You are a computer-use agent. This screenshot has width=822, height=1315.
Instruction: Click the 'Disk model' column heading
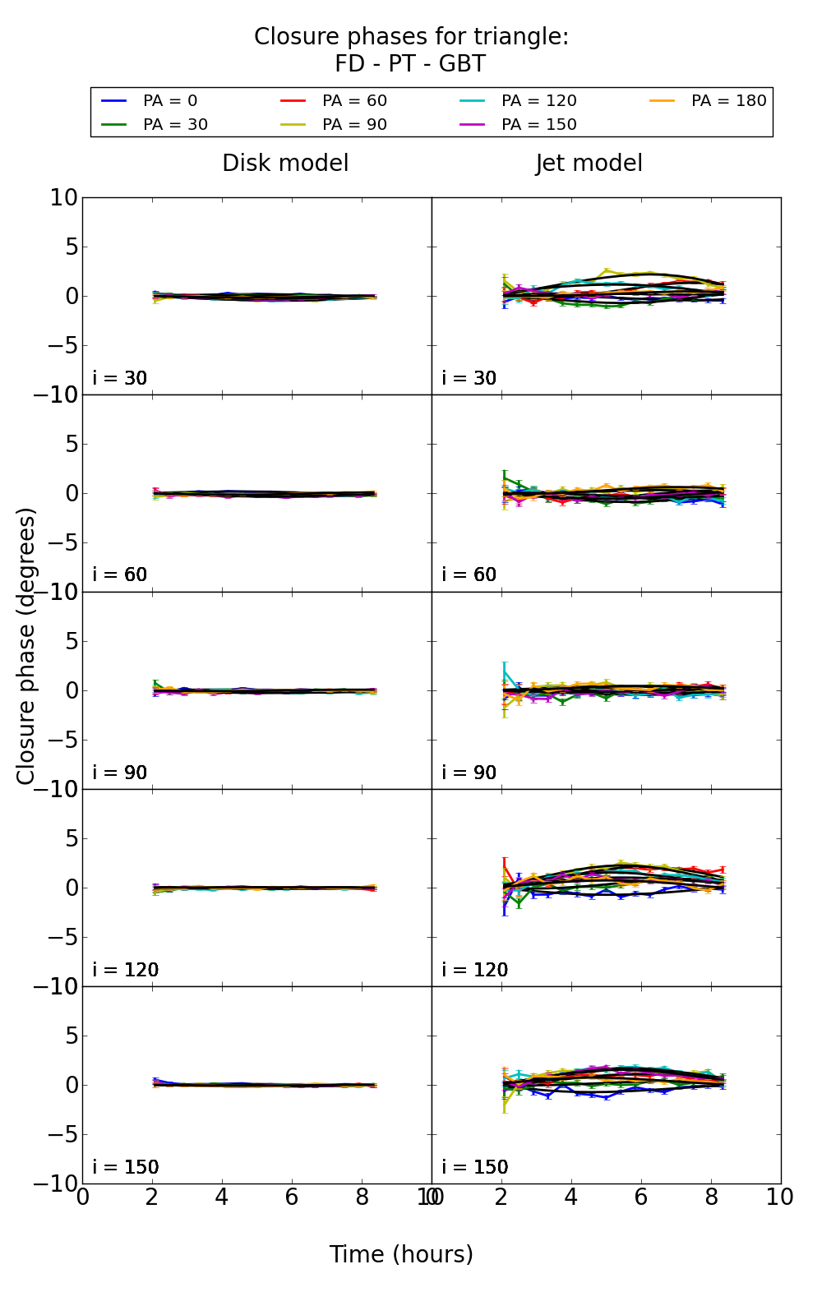(x=285, y=164)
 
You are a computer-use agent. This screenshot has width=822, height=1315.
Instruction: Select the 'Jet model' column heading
(x=589, y=164)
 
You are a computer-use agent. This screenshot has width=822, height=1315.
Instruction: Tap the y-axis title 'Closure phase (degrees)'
(x=26, y=646)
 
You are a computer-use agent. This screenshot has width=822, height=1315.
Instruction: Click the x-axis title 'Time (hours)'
(x=401, y=1255)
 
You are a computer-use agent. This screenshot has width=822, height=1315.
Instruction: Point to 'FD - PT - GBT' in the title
(x=410, y=64)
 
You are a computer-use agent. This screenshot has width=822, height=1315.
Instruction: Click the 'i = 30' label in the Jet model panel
(x=469, y=378)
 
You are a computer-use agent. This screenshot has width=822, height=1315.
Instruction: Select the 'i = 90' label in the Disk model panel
(x=120, y=773)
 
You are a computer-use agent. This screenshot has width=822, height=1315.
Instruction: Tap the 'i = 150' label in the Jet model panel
(x=474, y=1167)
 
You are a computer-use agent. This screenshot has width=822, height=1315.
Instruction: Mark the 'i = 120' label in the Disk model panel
(x=125, y=970)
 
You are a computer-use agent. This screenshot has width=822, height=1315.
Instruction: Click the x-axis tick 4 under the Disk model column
(x=222, y=1197)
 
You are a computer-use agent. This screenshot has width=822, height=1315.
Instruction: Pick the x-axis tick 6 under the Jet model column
(x=641, y=1197)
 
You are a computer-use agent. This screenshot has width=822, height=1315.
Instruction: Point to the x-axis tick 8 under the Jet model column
(x=711, y=1197)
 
